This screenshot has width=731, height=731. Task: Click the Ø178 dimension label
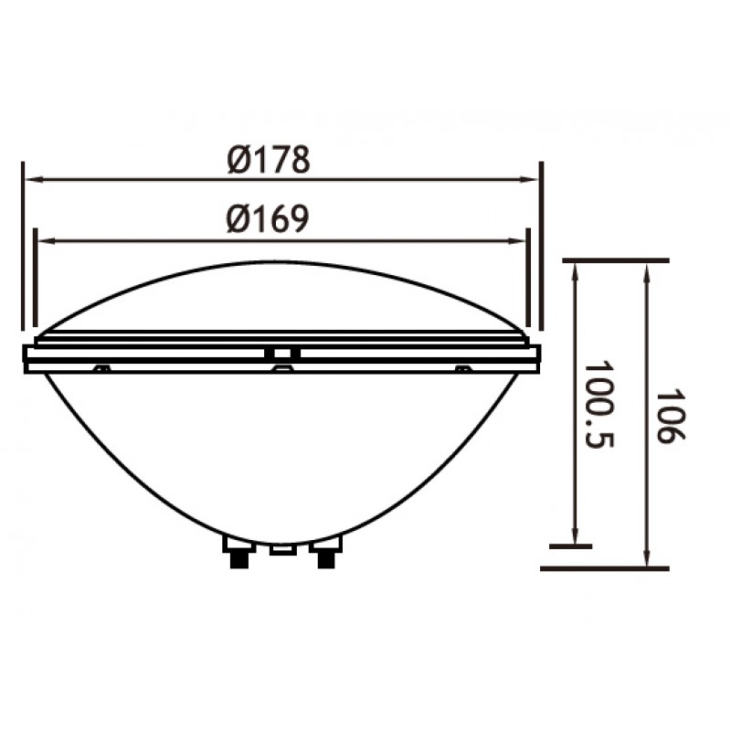coord(270,160)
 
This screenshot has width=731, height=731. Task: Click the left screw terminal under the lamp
coord(238,553)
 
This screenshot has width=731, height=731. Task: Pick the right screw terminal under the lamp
coord(325,553)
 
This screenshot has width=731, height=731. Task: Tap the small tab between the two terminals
coord(282,549)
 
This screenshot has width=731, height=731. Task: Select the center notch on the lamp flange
coord(282,352)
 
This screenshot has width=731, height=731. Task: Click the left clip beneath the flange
coord(102,368)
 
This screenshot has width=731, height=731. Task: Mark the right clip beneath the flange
coord(464,368)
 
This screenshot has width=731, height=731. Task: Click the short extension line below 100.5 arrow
coord(571,546)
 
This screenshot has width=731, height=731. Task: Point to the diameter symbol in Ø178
coord(239,160)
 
